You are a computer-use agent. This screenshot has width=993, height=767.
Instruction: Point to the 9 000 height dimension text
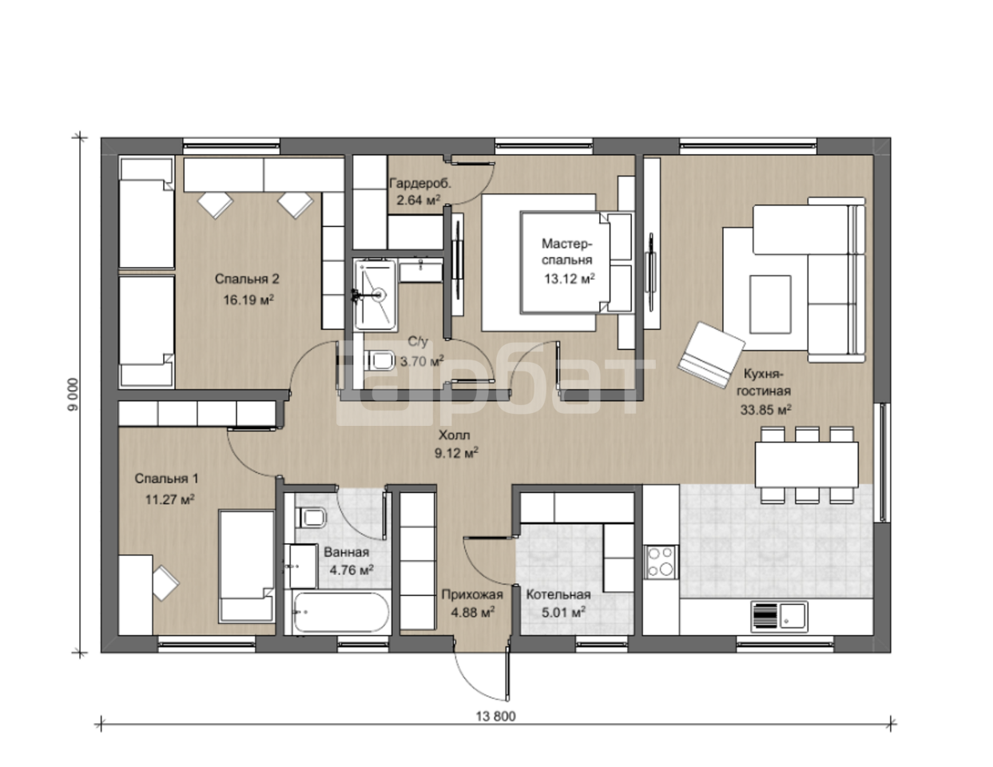(x=73, y=394)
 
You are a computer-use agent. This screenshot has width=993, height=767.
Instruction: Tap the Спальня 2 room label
(x=247, y=279)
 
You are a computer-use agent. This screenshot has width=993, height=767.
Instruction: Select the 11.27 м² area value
(x=170, y=499)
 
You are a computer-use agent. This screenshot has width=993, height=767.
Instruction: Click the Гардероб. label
(x=420, y=184)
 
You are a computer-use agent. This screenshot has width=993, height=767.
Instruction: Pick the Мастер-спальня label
(x=567, y=252)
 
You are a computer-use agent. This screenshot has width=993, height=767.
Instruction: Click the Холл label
(x=454, y=435)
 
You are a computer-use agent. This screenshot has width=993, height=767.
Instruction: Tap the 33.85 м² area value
(x=766, y=410)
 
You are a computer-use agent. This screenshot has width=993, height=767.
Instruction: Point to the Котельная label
(x=558, y=594)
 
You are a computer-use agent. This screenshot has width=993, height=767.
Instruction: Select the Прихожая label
(x=472, y=594)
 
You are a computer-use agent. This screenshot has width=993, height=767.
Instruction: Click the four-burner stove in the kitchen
(x=661, y=562)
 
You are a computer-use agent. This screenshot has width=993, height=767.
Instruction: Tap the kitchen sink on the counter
(x=779, y=614)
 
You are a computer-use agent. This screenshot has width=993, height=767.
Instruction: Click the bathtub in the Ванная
(x=341, y=612)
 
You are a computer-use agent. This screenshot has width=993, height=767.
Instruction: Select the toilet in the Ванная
(x=312, y=518)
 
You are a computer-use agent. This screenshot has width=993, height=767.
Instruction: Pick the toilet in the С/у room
(x=380, y=361)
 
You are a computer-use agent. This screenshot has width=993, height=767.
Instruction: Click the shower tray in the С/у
(x=375, y=294)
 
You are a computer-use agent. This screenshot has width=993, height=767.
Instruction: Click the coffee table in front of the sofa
(x=770, y=304)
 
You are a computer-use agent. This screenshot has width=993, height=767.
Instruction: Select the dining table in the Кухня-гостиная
(x=807, y=464)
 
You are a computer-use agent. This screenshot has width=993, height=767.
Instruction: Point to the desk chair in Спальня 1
(x=165, y=582)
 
